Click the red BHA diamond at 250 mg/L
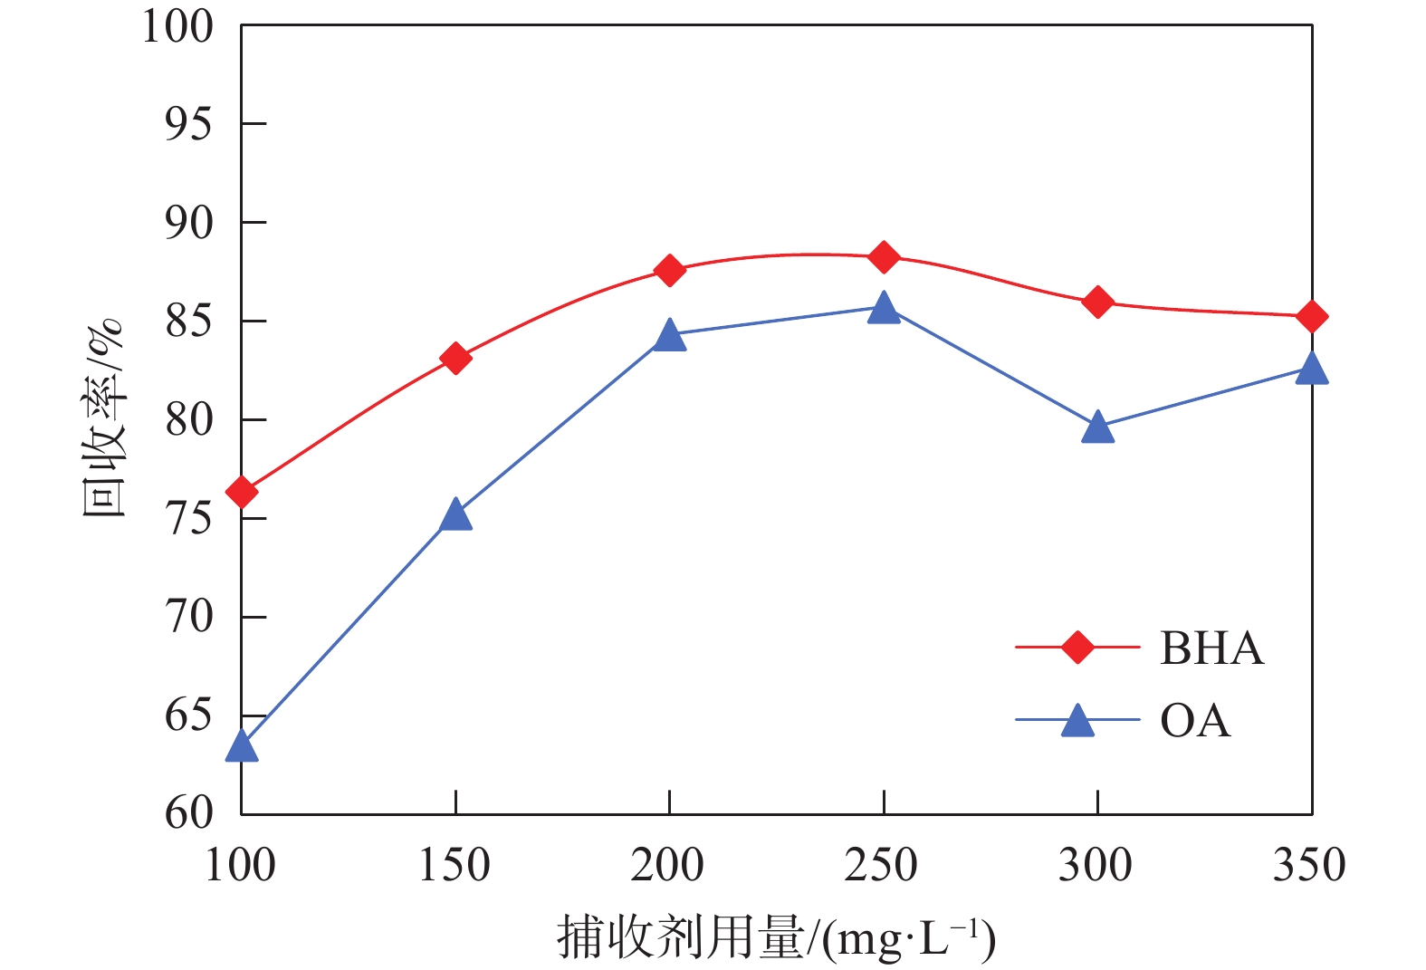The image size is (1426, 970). tap(884, 257)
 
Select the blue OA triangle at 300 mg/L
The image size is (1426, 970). tap(1097, 427)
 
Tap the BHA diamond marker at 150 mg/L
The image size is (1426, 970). tap(455, 359)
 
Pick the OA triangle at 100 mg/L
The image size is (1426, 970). tap(242, 747)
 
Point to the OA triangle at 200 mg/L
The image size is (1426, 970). tap(669, 335)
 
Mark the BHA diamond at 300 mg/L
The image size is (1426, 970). tap(1097, 302)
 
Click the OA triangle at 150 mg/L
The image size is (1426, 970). tap(455, 515)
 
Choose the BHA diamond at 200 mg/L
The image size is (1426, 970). tap(669, 270)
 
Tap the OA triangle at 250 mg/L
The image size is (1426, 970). tap(884, 308)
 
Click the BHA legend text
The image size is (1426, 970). tap(1211, 648)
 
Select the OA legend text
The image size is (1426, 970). tap(1195, 721)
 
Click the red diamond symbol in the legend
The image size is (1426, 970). tap(1077, 648)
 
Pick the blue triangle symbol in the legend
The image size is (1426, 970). tap(1077, 721)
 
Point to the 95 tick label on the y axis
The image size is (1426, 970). tap(188, 124)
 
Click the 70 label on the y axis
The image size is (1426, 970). tap(188, 618)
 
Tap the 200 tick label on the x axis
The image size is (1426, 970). tap(667, 865)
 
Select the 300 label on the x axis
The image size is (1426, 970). tap(1096, 865)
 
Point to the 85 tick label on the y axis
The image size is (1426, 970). tap(188, 322)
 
